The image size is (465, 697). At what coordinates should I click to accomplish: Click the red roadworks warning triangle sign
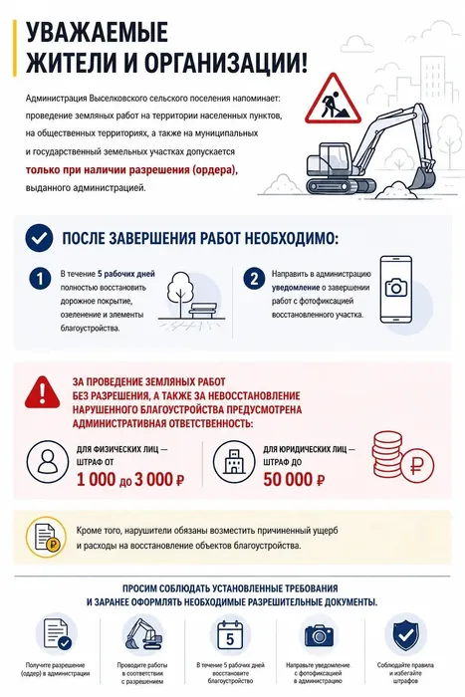click(333, 100)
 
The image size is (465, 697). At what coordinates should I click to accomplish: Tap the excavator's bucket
click(422, 178)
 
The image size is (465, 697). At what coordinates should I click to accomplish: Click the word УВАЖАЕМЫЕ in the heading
click(97, 32)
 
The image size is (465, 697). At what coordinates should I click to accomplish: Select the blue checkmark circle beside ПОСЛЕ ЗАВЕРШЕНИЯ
click(39, 238)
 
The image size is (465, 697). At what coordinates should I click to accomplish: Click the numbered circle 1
click(40, 278)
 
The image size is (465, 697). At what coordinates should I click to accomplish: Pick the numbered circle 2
click(254, 278)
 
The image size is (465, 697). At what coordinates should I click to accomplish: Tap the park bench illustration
click(204, 310)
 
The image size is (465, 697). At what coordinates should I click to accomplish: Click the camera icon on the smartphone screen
click(395, 288)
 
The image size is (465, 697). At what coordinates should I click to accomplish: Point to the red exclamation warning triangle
click(43, 392)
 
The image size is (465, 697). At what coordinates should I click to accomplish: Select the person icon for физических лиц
click(48, 462)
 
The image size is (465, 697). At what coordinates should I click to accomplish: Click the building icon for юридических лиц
click(234, 462)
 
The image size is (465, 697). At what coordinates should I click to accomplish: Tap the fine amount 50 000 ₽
click(294, 480)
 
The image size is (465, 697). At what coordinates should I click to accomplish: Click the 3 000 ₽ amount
click(159, 480)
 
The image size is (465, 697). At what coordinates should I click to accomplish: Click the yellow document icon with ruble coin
click(46, 537)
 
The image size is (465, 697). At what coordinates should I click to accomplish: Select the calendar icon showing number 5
click(230, 635)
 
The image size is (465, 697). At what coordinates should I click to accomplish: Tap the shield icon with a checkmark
click(405, 635)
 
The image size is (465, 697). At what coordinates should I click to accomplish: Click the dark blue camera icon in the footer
click(319, 635)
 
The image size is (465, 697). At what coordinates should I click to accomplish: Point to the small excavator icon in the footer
click(142, 634)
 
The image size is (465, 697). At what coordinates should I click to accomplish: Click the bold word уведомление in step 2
click(296, 288)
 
